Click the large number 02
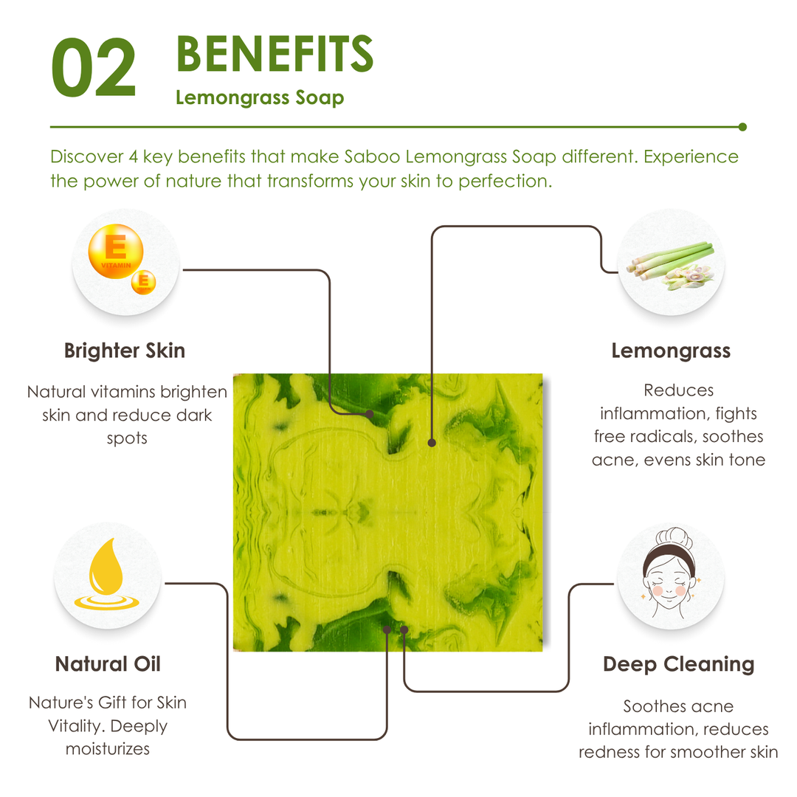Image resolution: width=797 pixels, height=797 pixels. pos(94,67)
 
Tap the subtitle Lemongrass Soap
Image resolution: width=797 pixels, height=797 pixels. pos(260,97)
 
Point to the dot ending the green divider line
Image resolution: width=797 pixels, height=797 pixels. pos(742,127)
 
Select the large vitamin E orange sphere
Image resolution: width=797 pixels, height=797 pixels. pos(116,251)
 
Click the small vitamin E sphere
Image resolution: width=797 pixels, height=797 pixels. pos(144,282)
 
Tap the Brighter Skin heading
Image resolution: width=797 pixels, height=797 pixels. pos(125,351)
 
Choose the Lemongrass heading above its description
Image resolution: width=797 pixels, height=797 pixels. pos(671,351)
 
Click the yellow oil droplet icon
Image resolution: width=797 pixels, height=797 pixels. pos(106,573)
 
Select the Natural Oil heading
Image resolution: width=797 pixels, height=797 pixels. pos(108,664)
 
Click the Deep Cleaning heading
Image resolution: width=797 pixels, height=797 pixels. pos(679,664)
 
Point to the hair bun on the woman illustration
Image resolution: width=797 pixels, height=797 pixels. pos(674,536)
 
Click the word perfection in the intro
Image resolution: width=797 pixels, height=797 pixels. pos(506,181)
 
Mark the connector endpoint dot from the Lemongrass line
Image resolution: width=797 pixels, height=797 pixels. pos(432,443)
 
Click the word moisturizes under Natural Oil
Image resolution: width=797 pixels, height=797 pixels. pos(108,749)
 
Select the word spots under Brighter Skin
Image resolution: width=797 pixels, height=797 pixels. pos(127,438)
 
